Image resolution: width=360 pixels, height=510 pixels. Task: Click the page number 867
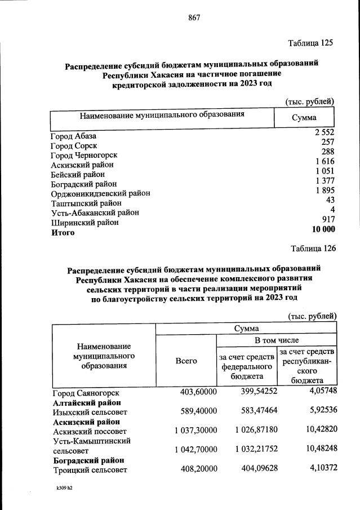click(x=194, y=17)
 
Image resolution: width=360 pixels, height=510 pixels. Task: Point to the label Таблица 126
click(x=313, y=248)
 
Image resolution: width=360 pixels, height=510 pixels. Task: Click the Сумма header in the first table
click(x=304, y=118)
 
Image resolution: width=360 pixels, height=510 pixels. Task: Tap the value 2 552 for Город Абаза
click(x=325, y=132)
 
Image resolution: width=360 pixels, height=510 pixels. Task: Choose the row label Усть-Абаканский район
click(x=95, y=212)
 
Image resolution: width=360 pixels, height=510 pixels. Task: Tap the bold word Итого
click(x=63, y=232)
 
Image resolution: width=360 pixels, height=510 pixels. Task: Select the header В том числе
click(x=277, y=340)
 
